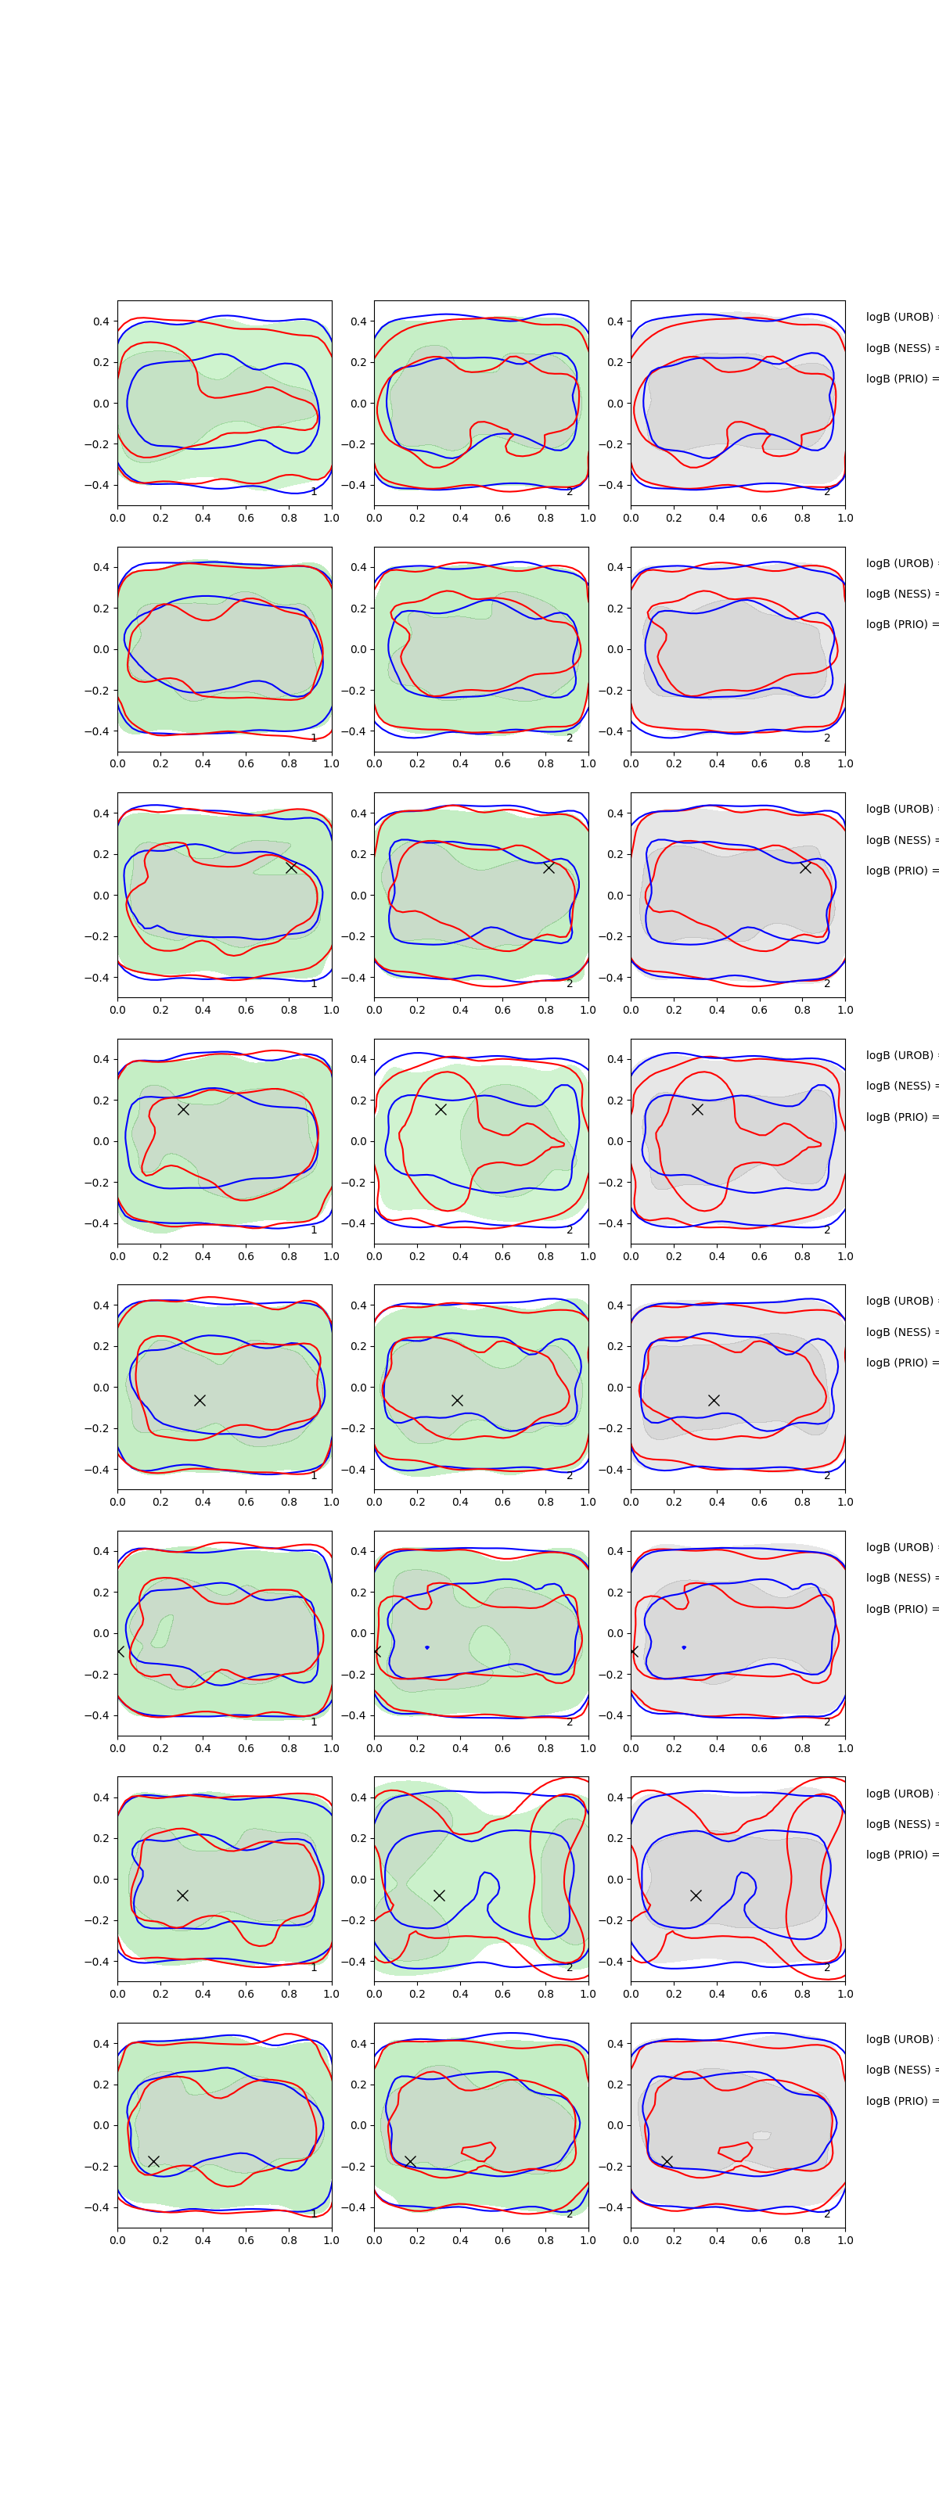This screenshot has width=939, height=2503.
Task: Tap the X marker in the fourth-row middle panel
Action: (441, 1108)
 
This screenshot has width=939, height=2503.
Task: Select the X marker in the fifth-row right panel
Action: (714, 1400)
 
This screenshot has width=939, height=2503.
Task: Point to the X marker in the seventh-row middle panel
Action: (439, 1894)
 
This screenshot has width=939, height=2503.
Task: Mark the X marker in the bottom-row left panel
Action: (153, 2161)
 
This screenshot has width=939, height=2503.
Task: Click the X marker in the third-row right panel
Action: (805, 867)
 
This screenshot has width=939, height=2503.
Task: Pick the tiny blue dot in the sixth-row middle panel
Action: (426, 1647)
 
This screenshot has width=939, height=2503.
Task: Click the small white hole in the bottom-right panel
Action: (761, 2135)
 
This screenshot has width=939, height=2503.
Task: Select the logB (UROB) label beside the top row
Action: (900, 317)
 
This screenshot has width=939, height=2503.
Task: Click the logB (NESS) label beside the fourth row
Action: (900, 1086)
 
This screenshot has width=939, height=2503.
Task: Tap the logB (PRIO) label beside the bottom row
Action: (900, 2101)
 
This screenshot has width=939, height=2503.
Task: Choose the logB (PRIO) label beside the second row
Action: (900, 624)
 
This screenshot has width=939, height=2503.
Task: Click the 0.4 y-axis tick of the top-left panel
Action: (101, 321)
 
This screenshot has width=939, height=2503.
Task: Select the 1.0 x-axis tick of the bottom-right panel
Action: (845, 2239)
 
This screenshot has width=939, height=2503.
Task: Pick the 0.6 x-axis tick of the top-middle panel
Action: (502, 518)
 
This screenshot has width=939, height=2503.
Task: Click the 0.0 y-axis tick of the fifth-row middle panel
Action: (358, 1388)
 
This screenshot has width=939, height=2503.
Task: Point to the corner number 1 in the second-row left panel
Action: (314, 738)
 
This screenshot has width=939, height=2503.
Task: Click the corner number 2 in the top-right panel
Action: (827, 492)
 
